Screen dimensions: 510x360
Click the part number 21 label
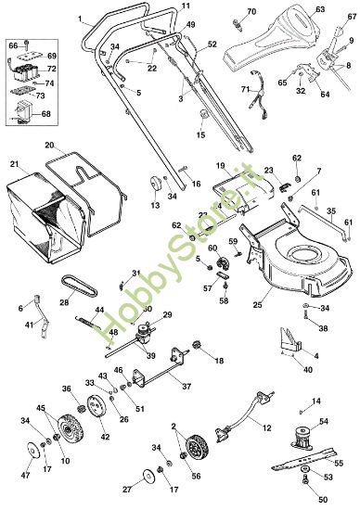(14, 164)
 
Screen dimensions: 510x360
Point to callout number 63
(319, 9)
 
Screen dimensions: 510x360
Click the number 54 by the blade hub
(324, 421)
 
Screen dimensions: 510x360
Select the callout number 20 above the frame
(47, 146)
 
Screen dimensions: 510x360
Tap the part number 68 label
(46, 114)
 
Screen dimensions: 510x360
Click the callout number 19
(221, 165)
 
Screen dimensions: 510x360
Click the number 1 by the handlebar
(80, 19)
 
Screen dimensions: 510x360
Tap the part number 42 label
(104, 436)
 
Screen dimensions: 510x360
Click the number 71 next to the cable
(247, 90)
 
